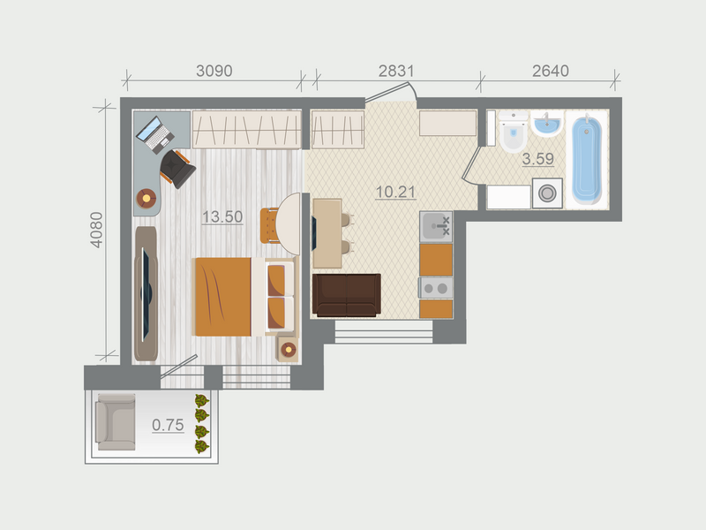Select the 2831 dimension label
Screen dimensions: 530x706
point(396,72)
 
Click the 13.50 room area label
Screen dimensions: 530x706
point(222,217)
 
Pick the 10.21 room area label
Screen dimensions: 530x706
point(394,192)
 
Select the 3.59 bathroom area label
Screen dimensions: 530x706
point(537,160)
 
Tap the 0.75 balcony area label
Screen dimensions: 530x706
point(168,425)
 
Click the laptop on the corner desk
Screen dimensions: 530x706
point(155,134)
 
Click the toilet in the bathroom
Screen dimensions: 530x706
point(513,135)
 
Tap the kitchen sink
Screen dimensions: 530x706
point(436,227)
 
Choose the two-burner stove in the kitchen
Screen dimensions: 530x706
point(436,287)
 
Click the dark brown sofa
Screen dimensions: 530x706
point(347,295)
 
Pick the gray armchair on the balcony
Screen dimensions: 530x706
point(116,422)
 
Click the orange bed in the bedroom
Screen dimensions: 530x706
point(222,296)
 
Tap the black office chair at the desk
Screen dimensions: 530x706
point(178,168)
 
